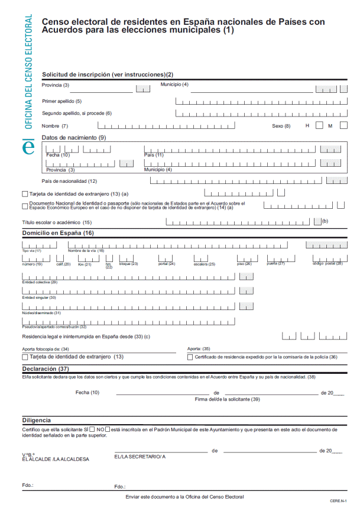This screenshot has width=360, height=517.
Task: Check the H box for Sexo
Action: [320, 125]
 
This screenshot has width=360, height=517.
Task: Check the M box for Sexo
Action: [343, 125]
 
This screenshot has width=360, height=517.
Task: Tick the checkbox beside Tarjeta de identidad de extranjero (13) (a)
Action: [24, 193]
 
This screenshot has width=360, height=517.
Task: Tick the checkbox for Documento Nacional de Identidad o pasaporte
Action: [24, 206]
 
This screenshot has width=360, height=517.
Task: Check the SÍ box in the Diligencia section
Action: [92, 429]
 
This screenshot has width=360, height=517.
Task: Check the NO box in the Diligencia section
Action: [108, 429]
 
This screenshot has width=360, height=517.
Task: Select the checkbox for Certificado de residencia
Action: [190, 357]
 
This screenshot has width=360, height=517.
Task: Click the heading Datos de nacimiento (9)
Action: [73, 138]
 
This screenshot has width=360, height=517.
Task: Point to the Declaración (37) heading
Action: [50, 369]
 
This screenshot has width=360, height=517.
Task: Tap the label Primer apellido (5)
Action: [62, 101]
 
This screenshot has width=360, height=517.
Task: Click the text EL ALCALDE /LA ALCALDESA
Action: [55, 459]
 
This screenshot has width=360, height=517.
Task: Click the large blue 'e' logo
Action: [28, 146]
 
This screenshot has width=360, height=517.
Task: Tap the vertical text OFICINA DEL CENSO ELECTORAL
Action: [28, 71]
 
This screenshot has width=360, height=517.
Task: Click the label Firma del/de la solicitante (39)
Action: [227, 399]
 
